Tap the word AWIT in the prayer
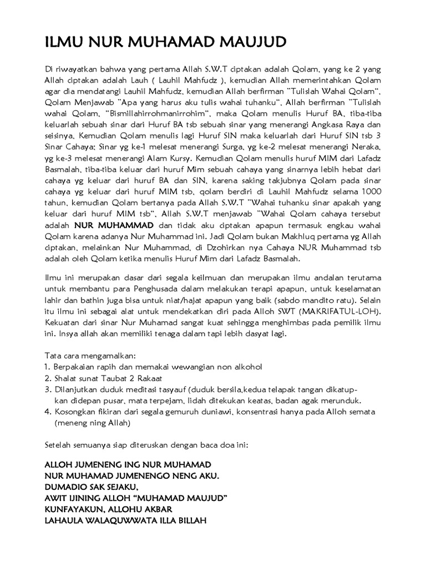(x=54, y=498)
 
